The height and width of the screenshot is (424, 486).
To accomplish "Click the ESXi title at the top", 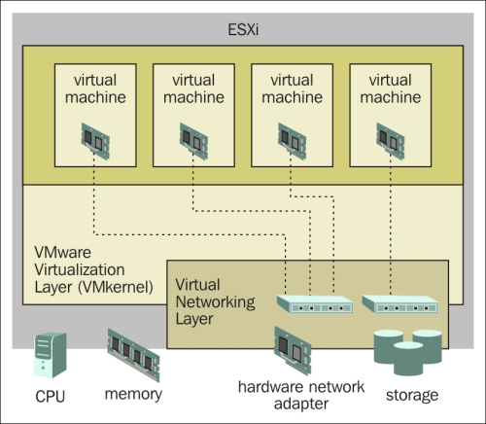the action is (x=243, y=30).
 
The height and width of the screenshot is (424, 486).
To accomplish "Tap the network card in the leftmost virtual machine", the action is (x=95, y=141).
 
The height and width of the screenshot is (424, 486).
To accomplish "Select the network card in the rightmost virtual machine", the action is (x=391, y=141).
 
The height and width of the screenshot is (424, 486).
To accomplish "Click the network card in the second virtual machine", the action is (x=193, y=141).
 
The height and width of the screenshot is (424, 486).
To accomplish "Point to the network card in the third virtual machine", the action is (x=292, y=141).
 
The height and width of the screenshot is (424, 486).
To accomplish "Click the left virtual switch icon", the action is (x=315, y=304).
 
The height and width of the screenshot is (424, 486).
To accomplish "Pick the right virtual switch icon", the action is (x=400, y=304).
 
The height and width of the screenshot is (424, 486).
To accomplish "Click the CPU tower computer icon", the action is (x=51, y=355).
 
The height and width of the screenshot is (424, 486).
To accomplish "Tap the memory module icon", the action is (x=133, y=355).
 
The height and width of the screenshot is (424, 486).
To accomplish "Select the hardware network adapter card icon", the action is (x=293, y=351).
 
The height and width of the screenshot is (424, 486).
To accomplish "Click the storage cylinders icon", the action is (x=408, y=352).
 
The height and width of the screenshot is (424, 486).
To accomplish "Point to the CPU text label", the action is (x=51, y=397).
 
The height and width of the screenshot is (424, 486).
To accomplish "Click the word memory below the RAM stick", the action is (x=133, y=395).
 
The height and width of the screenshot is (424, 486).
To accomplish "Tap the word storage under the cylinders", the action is (x=412, y=396).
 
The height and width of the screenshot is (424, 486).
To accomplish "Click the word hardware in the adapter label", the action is (x=271, y=387).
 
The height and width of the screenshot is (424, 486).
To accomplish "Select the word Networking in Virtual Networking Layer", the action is (x=215, y=302).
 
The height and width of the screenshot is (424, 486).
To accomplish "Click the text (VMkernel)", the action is (x=116, y=287).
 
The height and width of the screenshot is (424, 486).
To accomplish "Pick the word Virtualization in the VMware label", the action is (x=80, y=269).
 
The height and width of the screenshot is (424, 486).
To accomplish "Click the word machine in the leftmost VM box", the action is (x=95, y=97).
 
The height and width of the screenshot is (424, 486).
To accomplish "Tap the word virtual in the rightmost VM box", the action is (x=390, y=80).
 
